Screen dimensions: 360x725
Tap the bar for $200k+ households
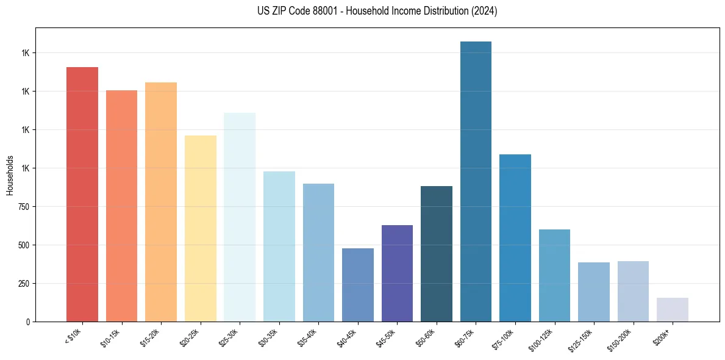click(x=672, y=309)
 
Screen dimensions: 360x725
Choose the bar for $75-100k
click(x=515, y=238)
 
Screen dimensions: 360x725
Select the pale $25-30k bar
click(x=240, y=217)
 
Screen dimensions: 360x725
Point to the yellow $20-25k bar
click(x=201, y=228)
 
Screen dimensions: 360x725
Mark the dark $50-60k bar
click(x=437, y=254)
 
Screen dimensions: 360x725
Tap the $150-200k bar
click(x=633, y=291)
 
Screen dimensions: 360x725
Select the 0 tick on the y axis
click(x=28, y=322)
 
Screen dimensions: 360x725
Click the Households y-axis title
click(x=10, y=175)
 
